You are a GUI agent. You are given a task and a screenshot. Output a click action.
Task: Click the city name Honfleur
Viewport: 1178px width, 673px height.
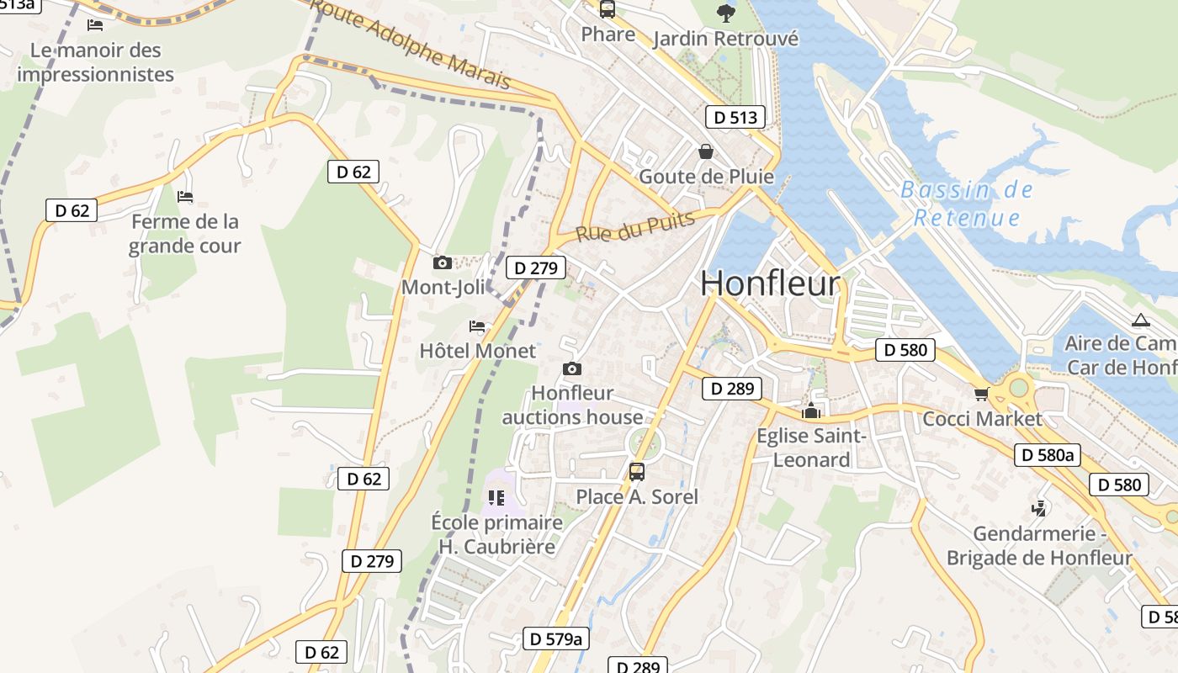770,284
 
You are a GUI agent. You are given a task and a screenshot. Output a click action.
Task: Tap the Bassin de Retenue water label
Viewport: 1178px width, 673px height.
967,204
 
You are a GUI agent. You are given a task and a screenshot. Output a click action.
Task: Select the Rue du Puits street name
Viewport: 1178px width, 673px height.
635,226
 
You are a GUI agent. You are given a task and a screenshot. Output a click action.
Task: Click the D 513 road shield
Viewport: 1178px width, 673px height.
735,118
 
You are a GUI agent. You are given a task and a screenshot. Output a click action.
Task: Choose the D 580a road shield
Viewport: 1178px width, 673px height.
1047,455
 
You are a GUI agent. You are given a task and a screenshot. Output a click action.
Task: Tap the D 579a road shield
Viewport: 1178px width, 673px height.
555,639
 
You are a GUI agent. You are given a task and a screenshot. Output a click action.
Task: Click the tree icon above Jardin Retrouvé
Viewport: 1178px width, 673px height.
724,13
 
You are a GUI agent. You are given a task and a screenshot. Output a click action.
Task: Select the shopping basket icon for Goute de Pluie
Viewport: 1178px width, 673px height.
706,151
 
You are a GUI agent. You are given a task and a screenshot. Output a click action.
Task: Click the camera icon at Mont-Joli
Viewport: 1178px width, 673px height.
443,262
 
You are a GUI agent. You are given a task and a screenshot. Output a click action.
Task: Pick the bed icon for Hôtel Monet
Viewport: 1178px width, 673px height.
477,326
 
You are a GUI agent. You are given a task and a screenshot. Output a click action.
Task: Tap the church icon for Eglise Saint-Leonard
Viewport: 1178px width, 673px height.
811,411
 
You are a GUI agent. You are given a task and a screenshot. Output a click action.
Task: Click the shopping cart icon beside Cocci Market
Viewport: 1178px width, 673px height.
981,394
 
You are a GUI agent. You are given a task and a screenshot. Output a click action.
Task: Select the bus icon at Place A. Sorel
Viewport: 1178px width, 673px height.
637,471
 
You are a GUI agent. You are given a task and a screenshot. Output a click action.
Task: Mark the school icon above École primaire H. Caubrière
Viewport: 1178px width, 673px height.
496,497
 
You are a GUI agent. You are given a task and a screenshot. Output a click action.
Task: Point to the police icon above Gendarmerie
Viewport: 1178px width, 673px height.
1040,508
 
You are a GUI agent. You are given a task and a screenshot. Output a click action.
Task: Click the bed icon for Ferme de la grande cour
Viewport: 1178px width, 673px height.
185,197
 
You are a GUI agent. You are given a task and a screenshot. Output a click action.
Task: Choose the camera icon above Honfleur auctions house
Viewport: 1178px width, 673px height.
572,368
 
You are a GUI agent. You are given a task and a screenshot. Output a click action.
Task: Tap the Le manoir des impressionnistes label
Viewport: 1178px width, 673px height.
95,62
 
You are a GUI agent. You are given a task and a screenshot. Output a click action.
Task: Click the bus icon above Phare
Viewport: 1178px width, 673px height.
607,9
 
